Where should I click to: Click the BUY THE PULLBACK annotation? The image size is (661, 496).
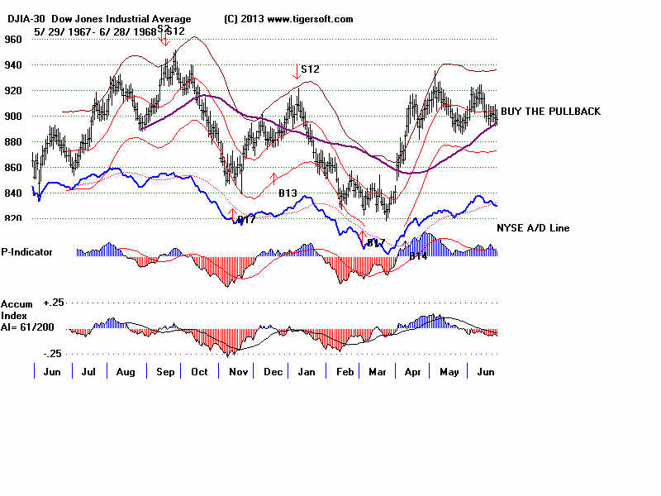[x=551, y=112]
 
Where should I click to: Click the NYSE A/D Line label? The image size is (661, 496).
[x=533, y=227]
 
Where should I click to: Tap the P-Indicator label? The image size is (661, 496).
[x=27, y=251]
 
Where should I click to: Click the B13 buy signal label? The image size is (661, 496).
[x=288, y=193]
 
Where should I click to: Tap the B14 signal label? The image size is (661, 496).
[x=418, y=256]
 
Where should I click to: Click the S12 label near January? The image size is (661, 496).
[x=310, y=69]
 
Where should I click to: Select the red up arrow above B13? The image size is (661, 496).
[x=273, y=178]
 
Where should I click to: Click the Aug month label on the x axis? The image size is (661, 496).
[x=126, y=373]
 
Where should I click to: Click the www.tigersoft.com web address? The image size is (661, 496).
[x=311, y=19]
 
